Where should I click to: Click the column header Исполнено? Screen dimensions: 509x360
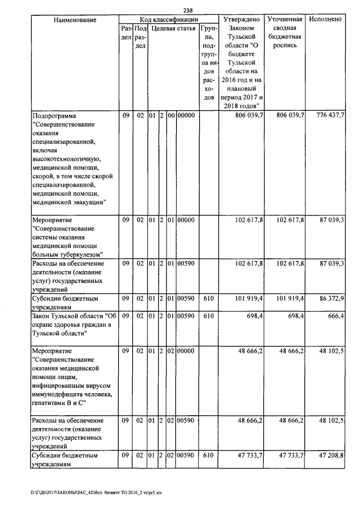326,20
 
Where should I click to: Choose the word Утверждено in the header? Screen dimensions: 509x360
241,20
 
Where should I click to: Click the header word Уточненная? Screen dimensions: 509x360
285,20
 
